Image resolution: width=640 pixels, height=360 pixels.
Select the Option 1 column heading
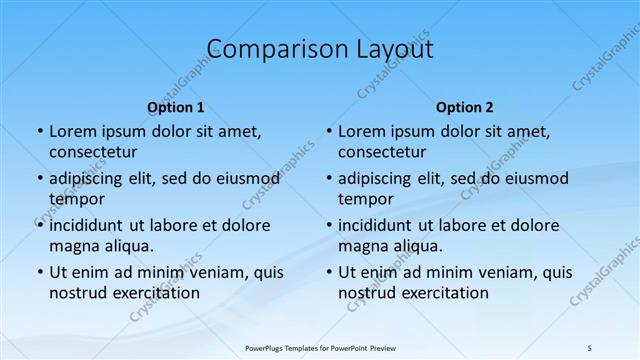click(176, 107)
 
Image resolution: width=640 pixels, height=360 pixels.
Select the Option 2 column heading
click(465, 107)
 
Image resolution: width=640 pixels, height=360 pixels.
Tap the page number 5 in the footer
click(590, 347)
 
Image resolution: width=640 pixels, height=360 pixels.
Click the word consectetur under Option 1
click(93, 152)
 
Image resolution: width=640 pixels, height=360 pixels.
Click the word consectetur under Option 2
click(382, 152)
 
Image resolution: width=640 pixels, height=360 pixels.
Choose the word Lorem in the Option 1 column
click(71, 131)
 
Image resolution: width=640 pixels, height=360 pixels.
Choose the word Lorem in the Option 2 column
click(360, 131)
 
